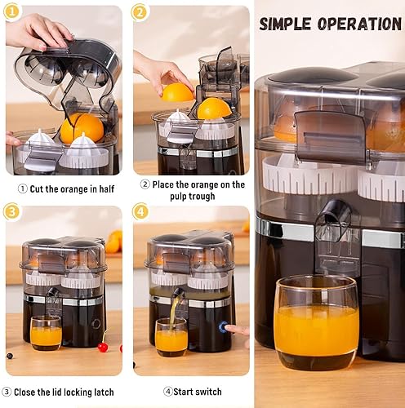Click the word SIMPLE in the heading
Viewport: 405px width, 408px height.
285,24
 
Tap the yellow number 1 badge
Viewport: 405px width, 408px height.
11,12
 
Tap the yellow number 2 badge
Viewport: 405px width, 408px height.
140,12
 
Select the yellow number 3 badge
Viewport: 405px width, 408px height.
11,211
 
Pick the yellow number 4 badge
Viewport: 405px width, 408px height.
140,211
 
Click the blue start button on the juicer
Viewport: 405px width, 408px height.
223,326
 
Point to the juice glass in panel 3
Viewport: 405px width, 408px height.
46,333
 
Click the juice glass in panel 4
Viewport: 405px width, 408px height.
171,337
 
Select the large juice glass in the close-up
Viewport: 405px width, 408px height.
317,322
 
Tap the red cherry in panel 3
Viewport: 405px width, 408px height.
103,347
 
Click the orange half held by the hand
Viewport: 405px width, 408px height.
177,92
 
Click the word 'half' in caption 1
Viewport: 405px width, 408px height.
106,188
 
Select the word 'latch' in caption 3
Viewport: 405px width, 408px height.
104,392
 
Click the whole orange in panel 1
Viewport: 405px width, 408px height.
82,128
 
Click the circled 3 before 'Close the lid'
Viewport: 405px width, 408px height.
7,392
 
